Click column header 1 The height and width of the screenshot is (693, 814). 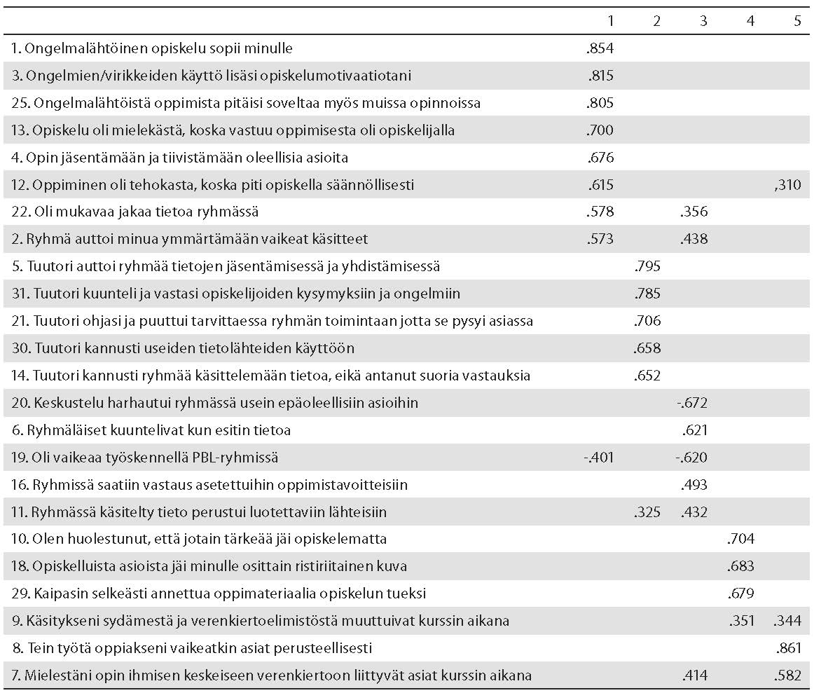tap(611, 21)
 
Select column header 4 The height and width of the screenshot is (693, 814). tap(751, 21)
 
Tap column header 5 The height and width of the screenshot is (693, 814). tap(797, 21)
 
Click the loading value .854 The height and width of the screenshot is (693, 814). tap(600, 48)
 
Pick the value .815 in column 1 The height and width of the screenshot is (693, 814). tap(600, 76)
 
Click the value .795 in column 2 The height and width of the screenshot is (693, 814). tap(647, 266)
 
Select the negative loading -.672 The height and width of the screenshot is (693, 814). tap(691, 403)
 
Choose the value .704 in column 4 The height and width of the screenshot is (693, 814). tap(740, 539)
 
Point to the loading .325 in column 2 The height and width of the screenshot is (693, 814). tap(647, 512)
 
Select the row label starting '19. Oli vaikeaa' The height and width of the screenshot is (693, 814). tap(145, 458)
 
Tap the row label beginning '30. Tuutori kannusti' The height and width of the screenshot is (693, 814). tap(183, 348)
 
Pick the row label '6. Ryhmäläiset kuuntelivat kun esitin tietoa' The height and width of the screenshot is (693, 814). tap(151, 430)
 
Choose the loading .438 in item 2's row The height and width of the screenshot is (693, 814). tap(694, 239)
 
